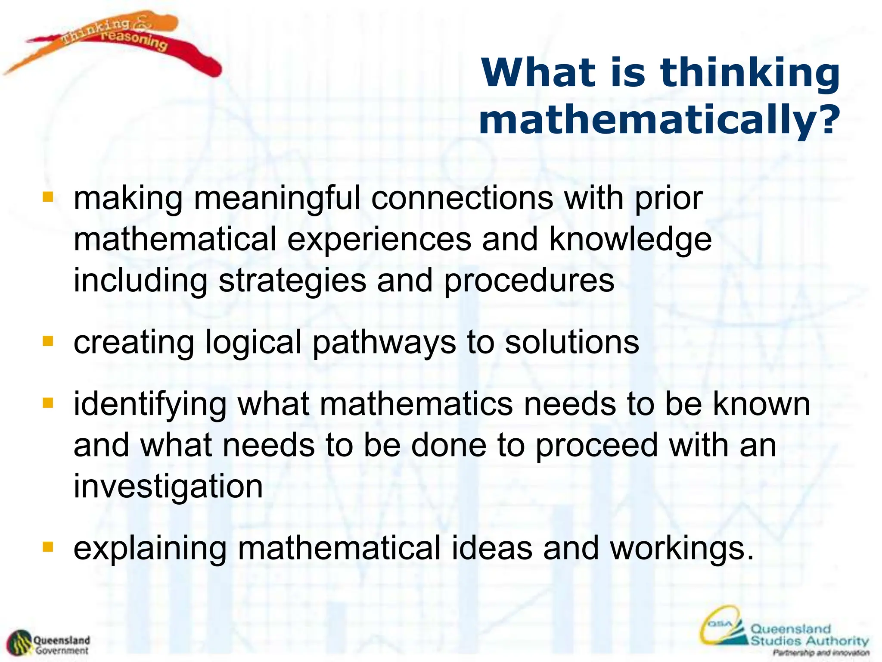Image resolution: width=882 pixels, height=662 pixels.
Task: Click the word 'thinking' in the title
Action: pyautogui.click(x=750, y=73)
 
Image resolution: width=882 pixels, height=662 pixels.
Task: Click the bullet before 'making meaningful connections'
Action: pyautogui.click(x=48, y=197)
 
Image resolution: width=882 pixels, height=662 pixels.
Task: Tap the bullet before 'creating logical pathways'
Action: pyautogui.click(x=48, y=341)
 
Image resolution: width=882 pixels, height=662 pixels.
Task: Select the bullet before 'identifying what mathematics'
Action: pyautogui.click(x=48, y=403)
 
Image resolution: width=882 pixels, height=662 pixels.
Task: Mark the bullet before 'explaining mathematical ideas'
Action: pyautogui.click(x=48, y=547)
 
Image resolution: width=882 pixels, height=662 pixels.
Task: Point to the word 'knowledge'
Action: pyautogui.click(x=630, y=240)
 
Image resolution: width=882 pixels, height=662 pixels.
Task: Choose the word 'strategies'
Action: pyautogui.click(x=292, y=281)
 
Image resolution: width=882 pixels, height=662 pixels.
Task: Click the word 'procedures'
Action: pyautogui.click(x=529, y=281)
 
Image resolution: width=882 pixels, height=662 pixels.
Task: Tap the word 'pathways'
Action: pyautogui.click(x=384, y=343)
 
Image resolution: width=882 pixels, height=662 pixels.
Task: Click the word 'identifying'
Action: pyautogui.click(x=150, y=405)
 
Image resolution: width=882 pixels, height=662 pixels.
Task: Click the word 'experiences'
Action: pyautogui.click(x=379, y=240)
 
